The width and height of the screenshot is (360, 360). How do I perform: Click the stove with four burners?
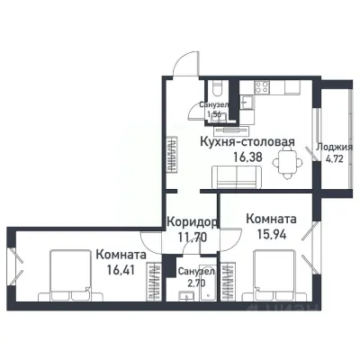tap(264, 88)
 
